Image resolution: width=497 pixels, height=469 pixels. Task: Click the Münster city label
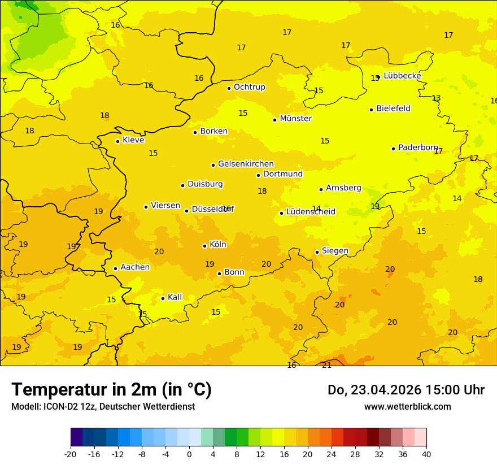[x=295, y=119]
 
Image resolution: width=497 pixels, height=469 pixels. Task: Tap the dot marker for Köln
[x=204, y=246]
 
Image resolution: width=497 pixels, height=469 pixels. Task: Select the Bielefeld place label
[x=393, y=108]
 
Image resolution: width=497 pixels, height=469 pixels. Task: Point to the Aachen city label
[x=135, y=267]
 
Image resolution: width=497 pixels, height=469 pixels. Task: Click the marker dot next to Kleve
[x=117, y=141]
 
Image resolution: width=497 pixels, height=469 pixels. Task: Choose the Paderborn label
[x=418, y=147]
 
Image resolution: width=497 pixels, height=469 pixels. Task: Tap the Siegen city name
[x=335, y=251]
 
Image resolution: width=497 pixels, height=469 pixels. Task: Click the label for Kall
[x=175, y=297]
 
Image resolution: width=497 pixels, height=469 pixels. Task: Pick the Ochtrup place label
[x=249, y=87]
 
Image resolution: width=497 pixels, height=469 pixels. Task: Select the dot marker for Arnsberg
[x=321, y=189]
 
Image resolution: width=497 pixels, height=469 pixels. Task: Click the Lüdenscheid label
[x=311, y=212]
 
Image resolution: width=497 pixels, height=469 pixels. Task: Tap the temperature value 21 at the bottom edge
[x=326, y=365]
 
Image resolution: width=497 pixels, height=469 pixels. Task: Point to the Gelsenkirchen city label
[x=246, y=164]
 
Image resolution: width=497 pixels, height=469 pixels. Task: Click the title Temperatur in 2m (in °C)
[x=111, y=389]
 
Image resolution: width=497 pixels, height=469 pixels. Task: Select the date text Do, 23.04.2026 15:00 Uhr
[x=406, y=390]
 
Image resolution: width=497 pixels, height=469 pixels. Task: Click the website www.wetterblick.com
[x=407, y=406]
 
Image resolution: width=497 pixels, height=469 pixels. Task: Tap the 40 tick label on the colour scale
[x=426, y=454]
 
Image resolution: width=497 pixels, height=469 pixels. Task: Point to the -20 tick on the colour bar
[x=70, y=454]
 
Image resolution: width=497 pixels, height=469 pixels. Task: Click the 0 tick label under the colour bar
[x=189, y=454]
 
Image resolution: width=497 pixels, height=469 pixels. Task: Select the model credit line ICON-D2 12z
[x=103, y=406]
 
